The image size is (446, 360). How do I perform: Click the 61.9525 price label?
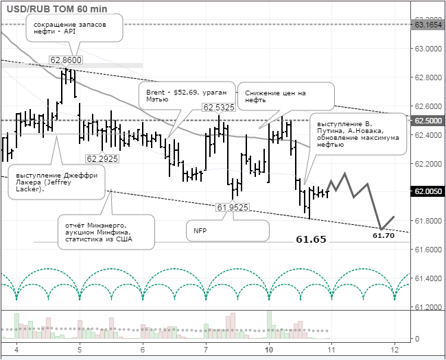click(232, 207)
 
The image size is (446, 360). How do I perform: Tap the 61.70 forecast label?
click(383, 236)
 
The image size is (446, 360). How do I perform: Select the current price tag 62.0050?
click(427, 191)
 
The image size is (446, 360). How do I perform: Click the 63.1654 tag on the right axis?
click(427, 24)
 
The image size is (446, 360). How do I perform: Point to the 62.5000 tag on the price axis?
click(427, 120)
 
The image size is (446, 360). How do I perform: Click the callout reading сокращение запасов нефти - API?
click(73, 28)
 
